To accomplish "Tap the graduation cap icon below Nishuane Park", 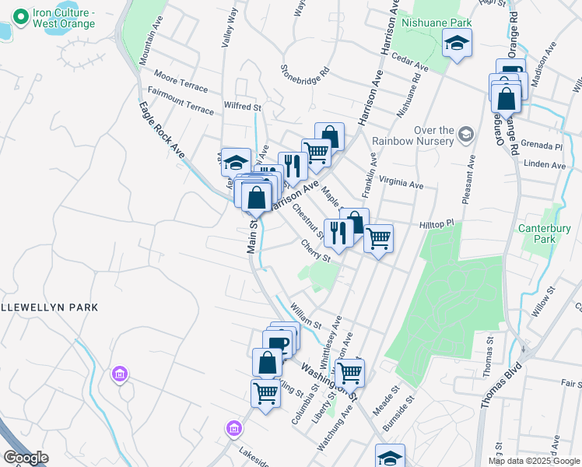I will tap(457, 44).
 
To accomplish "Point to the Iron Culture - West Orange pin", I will tap(20, 15).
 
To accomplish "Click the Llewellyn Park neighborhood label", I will tap(49, 307).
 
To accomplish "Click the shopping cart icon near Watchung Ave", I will tap(349, 373).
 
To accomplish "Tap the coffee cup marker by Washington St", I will tap(277, 342).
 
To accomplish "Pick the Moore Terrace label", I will tap(181, 80).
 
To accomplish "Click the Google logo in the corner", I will tap(26, 458).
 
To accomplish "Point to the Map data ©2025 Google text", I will tap(534, 460).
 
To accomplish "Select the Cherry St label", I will tap(316, 249).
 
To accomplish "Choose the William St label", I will tap(305, 318).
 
